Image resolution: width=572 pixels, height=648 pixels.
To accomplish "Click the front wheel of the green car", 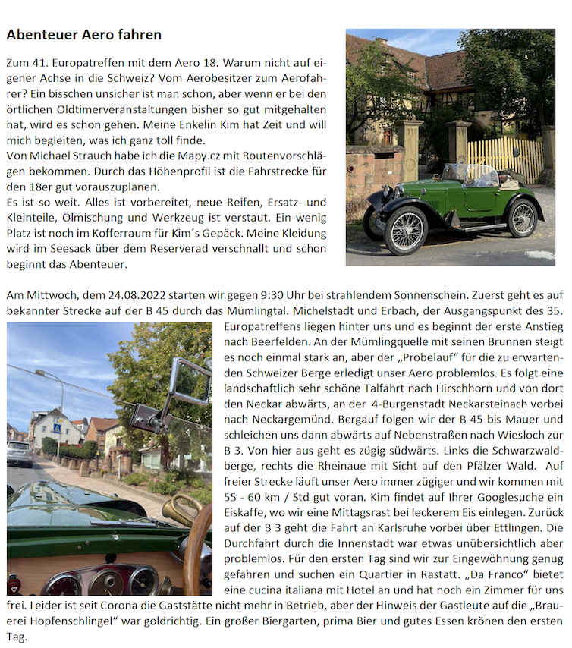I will (x=405, y=231).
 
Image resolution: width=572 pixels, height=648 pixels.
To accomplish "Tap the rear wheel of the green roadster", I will (x=522, y=218).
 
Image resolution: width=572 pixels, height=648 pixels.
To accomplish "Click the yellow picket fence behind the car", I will (x=504, y=157).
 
